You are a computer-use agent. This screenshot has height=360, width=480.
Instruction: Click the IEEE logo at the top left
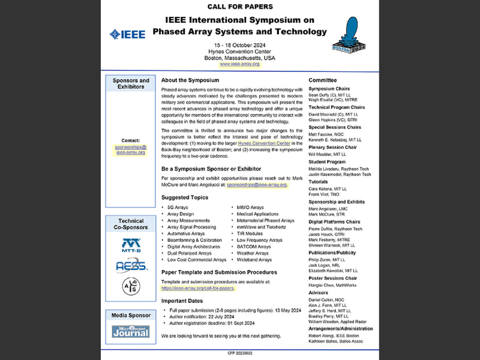(127, 34)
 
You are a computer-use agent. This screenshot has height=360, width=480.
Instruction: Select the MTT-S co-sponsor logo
(131, 245)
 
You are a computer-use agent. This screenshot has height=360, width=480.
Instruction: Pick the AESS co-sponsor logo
(131, 266)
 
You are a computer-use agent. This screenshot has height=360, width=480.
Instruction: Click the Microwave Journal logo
(131, 331)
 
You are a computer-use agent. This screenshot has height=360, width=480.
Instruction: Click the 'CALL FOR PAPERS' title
(240, 7)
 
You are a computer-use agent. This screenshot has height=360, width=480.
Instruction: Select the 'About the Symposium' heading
(190, 80)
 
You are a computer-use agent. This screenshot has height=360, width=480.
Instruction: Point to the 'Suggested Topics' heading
(185, 197)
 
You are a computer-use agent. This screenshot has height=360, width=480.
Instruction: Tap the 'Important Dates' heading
(183, 301)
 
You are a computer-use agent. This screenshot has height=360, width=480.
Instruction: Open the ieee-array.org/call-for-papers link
(198, 288)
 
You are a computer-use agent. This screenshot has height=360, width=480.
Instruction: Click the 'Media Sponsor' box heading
(131, 315)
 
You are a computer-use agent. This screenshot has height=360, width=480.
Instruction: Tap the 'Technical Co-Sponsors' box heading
(131, 224)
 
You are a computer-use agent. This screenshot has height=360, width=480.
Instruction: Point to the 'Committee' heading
(323, 80)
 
